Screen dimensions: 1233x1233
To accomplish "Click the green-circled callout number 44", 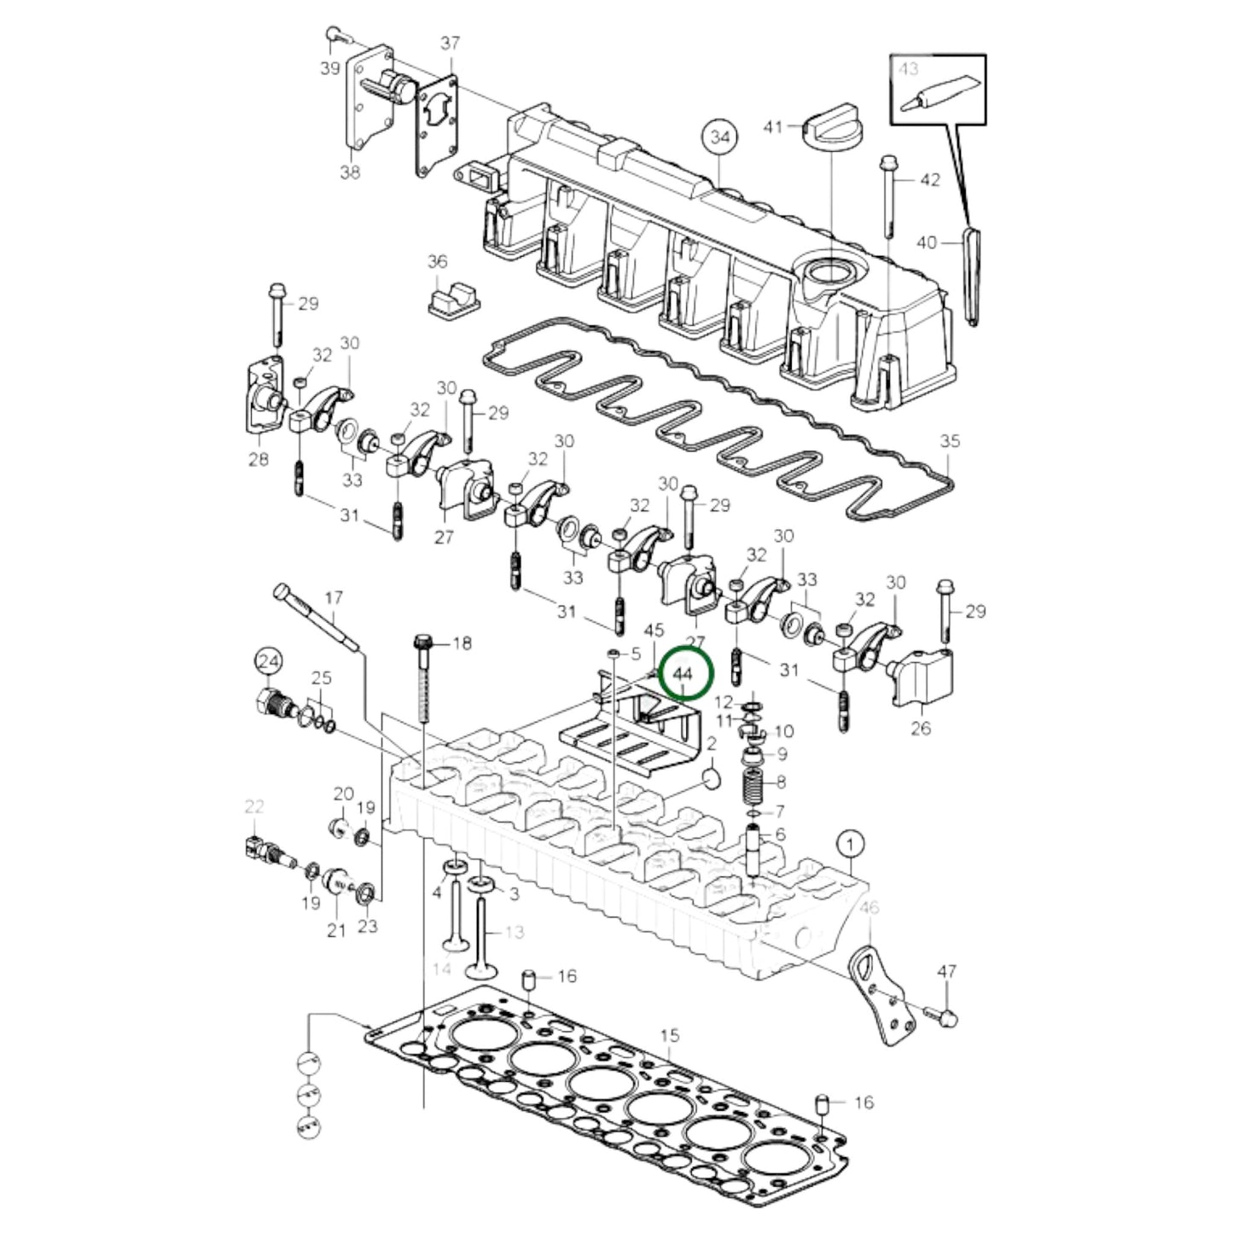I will [683, 673].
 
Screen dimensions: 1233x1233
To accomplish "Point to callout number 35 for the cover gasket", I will [950, 441].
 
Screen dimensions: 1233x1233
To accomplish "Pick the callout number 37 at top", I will [450, 43].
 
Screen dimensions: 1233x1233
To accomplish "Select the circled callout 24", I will [269, 660].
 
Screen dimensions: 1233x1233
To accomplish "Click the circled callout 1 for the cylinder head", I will [850, 844].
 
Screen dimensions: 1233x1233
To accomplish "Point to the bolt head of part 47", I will [949, 1017].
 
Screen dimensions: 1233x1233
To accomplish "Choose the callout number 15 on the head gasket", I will [670, 1035].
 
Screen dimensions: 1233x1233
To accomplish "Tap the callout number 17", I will [334, 598].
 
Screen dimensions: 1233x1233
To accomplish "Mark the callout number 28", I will [259, 459].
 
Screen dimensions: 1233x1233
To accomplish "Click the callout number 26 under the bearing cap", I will [921, 728].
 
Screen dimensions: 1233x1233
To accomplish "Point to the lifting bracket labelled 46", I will [875, 990].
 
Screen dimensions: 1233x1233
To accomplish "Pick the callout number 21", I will [336, 930].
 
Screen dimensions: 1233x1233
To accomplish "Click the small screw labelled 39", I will [334, 35].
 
